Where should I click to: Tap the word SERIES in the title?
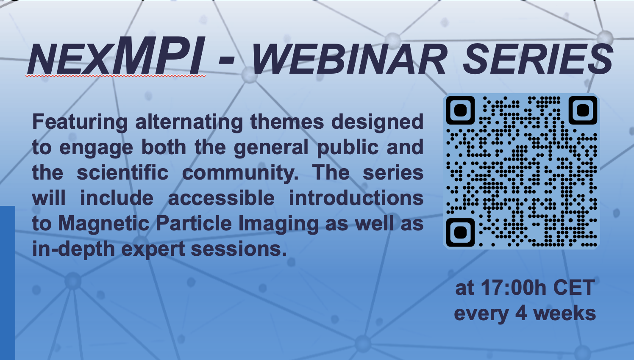point(538,59)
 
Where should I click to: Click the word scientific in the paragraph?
point(123,172)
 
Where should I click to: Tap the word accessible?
point(221,198)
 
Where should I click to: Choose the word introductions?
point(356,198)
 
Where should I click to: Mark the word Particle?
point(194,223)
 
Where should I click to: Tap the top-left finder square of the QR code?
point(460,110)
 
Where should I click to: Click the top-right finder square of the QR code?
point(583,110)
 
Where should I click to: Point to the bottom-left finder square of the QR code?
point(460,233)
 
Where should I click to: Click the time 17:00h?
point(513,288)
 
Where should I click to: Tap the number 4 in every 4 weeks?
point(521,313)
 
